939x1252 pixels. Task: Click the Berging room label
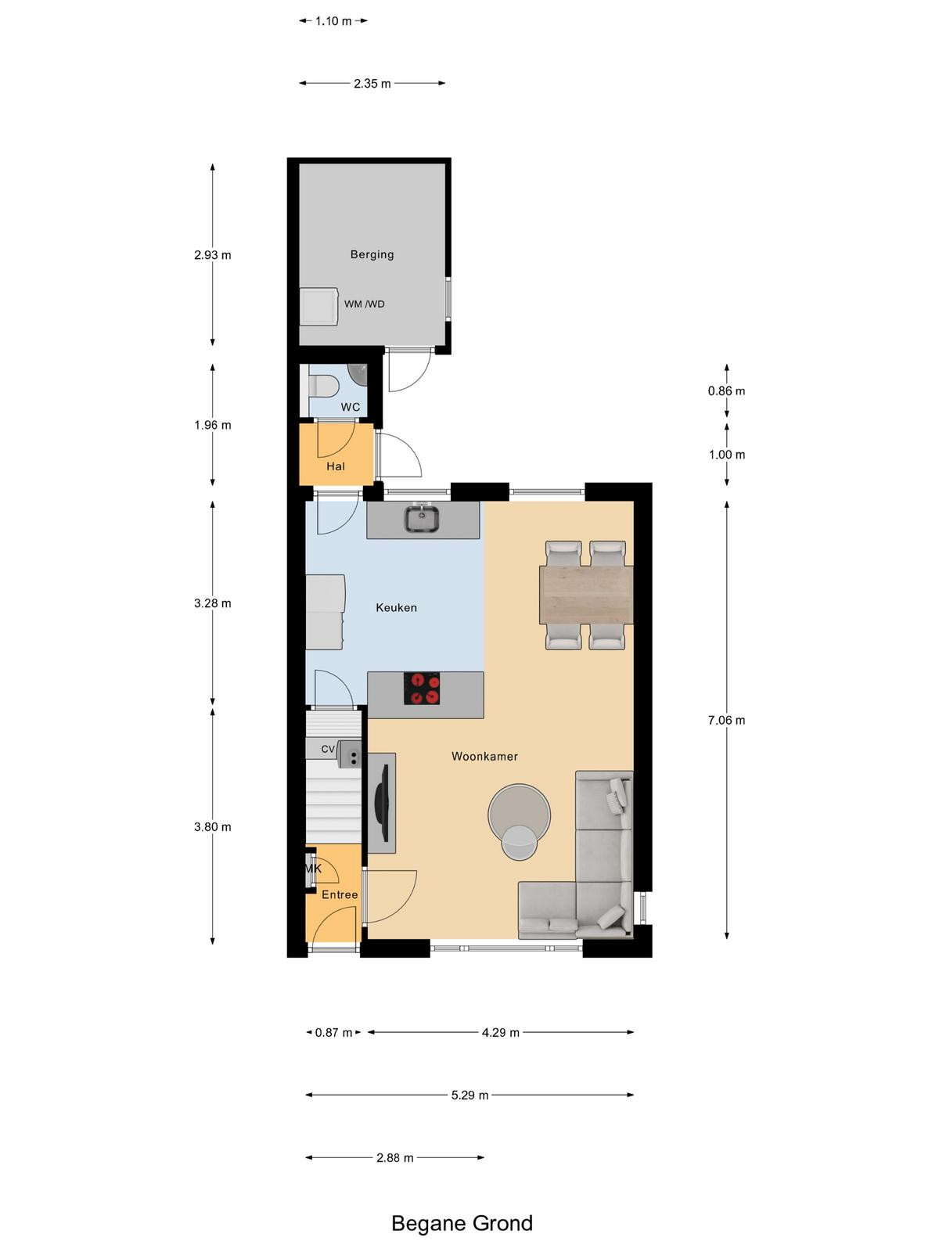372,254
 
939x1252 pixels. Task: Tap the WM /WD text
365,304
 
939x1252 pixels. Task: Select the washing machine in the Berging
318,306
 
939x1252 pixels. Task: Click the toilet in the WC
323,386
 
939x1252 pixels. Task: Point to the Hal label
336,466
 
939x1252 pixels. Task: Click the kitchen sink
421,518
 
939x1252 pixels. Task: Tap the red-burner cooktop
422,689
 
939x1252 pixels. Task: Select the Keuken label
396,607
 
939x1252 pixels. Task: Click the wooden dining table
586,595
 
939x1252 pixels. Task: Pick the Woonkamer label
484,757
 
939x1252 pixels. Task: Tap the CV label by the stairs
328,749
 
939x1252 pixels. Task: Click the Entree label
340,894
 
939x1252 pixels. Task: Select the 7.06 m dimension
726,720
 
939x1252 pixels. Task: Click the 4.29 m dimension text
501,1032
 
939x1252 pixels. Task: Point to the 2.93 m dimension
213,255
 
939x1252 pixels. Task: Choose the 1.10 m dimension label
333,21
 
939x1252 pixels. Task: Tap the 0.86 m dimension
726,390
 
